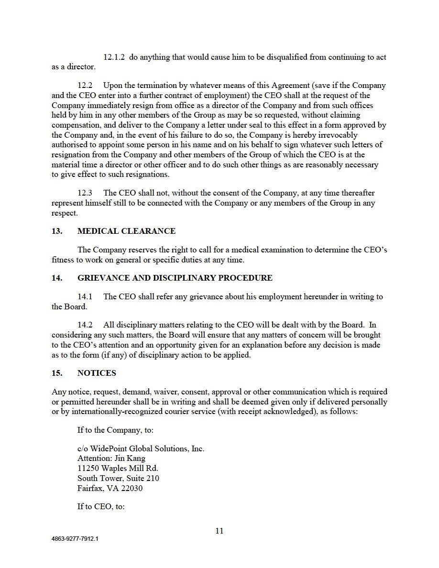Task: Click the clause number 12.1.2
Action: pos(114,57)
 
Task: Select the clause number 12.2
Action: pos(85,86)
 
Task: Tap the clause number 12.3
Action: pos(85,193)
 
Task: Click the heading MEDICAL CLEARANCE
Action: pos(126,231)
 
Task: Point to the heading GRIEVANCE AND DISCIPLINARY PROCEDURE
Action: pos(175,278)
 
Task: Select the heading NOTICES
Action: pos(97,373)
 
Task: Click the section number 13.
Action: pos(57,231)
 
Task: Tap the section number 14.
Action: pos(57,278)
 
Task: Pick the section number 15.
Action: pos(57,373)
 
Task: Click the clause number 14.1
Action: pos(85,297)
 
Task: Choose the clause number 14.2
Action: pos(85,326)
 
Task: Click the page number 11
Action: pos(219,531)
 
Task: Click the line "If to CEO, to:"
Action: pos(101,507)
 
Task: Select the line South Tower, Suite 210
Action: pos(118,479)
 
